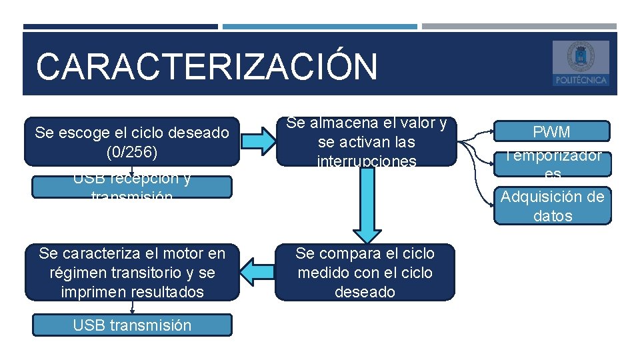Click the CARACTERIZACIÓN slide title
pos(207,67)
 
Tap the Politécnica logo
pos(580,63)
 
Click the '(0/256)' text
pos(132,152)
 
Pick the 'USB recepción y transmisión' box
pos(132,187)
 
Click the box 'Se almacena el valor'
pos(366,141)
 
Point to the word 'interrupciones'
pos(366,161)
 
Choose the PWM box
pos(552,131)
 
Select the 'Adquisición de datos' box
pos(552,206)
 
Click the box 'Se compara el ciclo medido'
pos(365,272)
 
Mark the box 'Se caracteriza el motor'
pos(132,272)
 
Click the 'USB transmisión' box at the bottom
pos(132,325)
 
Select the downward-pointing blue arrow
pos(365,207)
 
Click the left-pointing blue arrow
pos(257,272)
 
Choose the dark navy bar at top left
pos(120,27)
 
